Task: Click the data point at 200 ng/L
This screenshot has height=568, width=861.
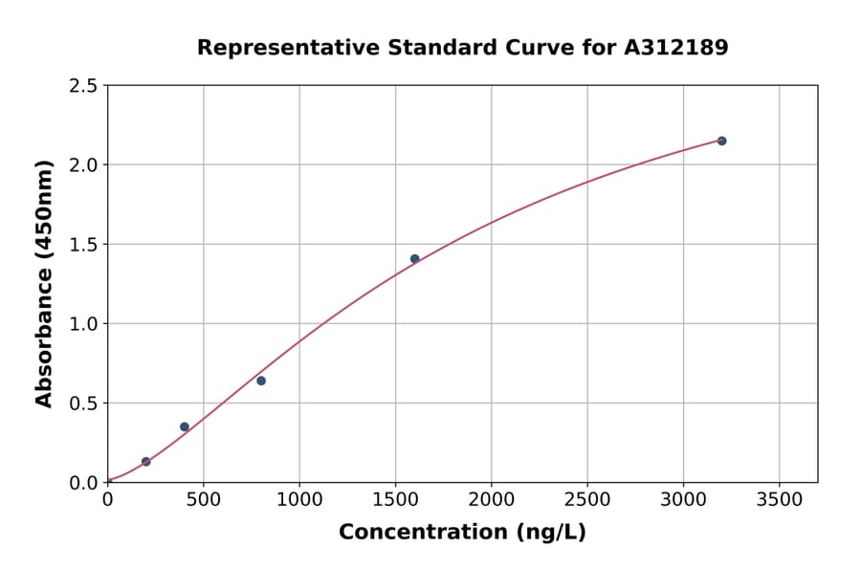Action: (x=145, y=462)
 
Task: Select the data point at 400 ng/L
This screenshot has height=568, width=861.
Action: (x=185, y=426)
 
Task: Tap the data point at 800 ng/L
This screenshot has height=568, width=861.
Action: (x=261, y=381)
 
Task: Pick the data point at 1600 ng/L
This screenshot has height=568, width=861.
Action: (x=414, y=259)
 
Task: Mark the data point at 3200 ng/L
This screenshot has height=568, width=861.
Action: (x=721, y=141)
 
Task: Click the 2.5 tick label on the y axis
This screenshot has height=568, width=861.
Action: (x=83, y=86)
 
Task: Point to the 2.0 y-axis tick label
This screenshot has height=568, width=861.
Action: (x=83, y=165)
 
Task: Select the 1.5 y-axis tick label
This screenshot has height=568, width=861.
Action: (x=83, y=245)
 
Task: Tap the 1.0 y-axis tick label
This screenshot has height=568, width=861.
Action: (x=83, y=324)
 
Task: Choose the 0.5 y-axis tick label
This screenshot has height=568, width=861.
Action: (x=83, y=404)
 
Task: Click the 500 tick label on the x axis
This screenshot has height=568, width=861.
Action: (x=203, y=499)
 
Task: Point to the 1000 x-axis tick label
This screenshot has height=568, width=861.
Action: (x=299, y=499)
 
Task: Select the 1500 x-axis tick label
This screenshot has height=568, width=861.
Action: (x=395, y=499)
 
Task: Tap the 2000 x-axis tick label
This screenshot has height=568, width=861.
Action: (x=492, y=499)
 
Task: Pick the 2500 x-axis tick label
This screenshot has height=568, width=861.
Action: (x=587, y=499)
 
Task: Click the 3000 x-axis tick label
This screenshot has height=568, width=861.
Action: (x=683, y=499)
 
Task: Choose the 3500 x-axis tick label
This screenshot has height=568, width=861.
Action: (x=779, y=499)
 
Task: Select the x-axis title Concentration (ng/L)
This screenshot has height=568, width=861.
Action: (x=462, y=533)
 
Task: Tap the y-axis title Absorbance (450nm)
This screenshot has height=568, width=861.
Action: (x=44, y=284)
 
